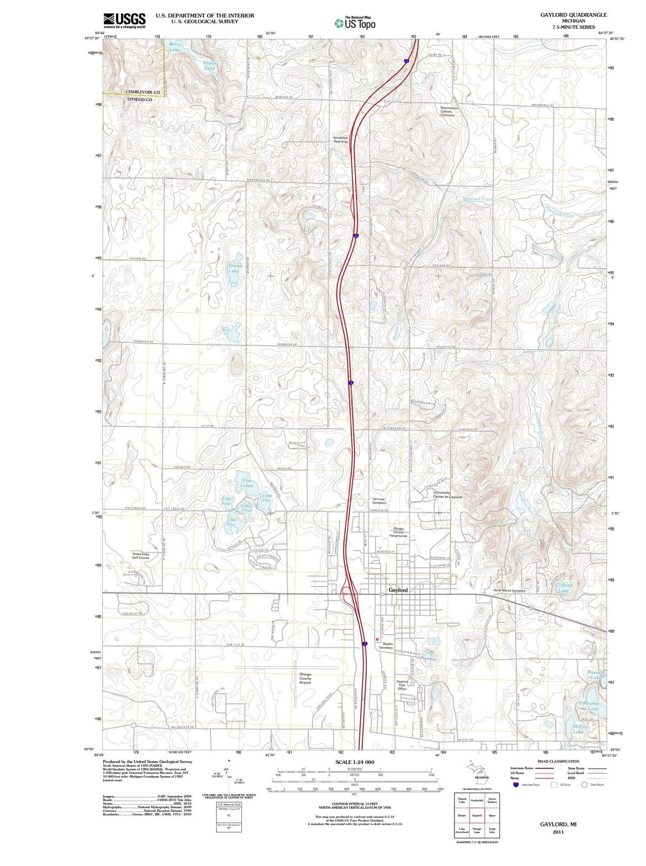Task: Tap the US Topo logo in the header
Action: (x=355, y=22)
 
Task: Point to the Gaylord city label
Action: (x=398, y=589)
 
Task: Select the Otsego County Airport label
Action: (x=305, y=678)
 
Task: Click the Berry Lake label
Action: (x=174, y=47)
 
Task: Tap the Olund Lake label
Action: (x=235, y=268)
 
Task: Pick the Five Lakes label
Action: (x=246, y=483)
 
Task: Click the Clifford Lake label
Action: (x=563, y=588)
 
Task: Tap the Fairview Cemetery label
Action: (x=379, y=501)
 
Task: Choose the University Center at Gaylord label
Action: (x=447, y=495)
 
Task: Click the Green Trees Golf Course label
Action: (x=144, y=555)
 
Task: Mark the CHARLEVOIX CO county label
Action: (x=142, y=92)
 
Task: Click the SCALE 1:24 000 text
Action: (x=354, y=762)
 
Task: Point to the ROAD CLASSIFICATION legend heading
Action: (x=558, y=761)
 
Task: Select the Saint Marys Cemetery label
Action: (x=510, y=591)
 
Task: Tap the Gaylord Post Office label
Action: (x=401, y=685)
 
